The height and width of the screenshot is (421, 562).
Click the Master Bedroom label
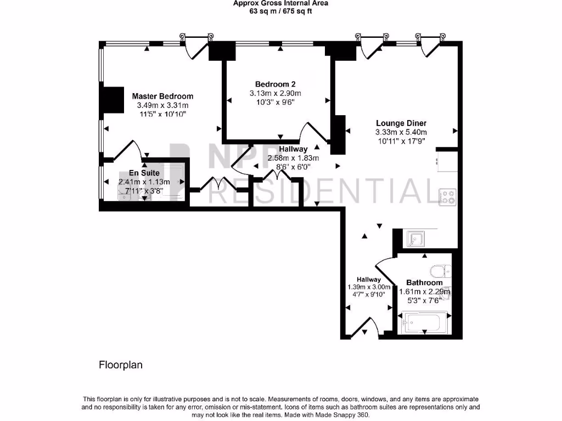pyautogui.click(x=162, y=96)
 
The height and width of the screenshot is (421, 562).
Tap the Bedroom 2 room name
pyautogui.click(x=275, y=84)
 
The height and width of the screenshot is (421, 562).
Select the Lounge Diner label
pyautogui.click(x=401, y=123)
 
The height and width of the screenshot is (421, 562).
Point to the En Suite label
pyautogui.click(x=144, y=173)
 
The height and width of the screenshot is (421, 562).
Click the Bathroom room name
pyautogui.click(x=424, y=283)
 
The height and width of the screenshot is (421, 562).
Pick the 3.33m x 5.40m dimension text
pyautogui.click(x=401, y=132)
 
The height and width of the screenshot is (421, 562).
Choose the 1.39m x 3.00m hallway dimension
pyautogui.click(x=369, y=287)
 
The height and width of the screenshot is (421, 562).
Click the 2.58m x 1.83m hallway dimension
pyautogui.click(x=293, y=158)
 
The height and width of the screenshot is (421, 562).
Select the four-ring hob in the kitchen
pyautogui.click(x=447, y=196)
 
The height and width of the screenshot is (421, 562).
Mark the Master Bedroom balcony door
pyautogui.click(x=195, y=48)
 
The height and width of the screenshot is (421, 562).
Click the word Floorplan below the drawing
pyautogui.click(x=120, y=365)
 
